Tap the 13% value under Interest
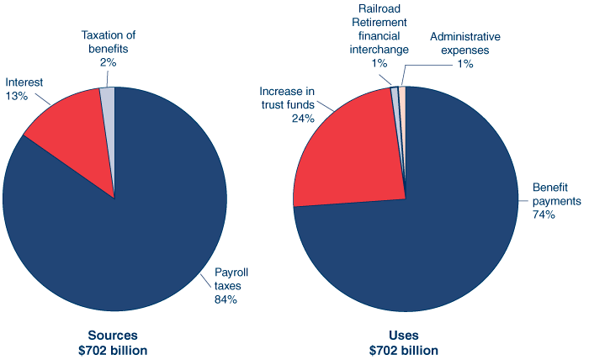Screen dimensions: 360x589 [17, 97]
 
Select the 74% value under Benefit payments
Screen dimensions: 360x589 [544, 215]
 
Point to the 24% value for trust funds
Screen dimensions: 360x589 [303, 119]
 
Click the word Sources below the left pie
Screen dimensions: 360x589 [114, 334]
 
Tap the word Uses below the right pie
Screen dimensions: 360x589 [404, 334]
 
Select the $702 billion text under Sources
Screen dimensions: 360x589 [114, 350]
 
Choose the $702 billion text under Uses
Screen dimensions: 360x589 [404, 350]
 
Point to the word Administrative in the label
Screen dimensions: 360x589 [465, 37]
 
